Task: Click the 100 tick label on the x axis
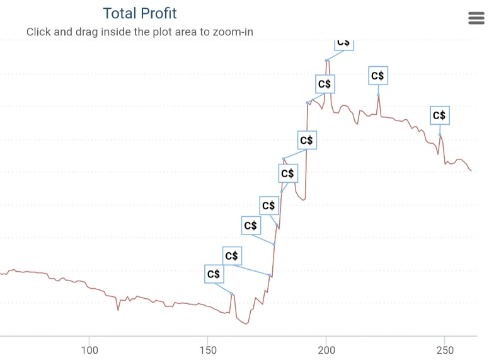[90, 350]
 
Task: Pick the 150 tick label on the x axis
[208, 350]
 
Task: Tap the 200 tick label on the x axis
[326, 350]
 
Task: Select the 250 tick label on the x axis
[445, 350]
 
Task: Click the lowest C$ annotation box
[214, 274]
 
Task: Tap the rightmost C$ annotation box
[439, 115]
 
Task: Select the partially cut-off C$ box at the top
[343, 43]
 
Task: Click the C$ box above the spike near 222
[377, 76]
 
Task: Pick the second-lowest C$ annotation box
[231, 255]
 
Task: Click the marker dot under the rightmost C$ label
[440, 135]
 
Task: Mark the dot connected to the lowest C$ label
[232, 294]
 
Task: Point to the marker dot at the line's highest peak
[326, 61]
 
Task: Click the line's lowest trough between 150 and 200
[246, 324]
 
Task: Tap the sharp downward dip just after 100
[118, 310]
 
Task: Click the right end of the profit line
[471, 171]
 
